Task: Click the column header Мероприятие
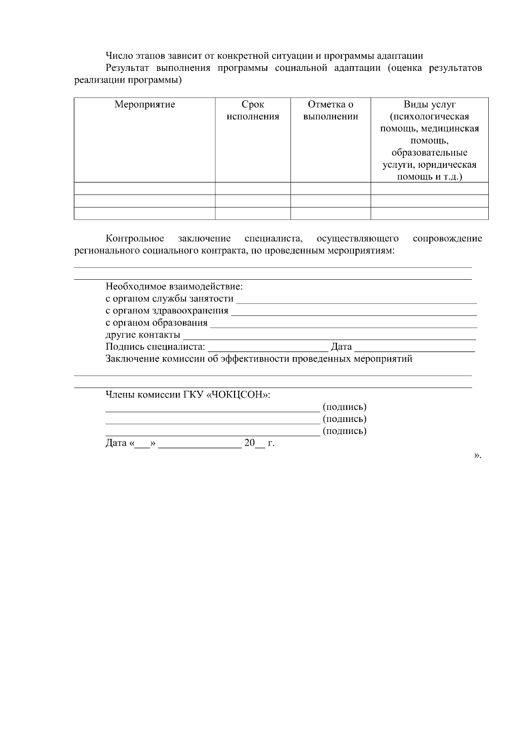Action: (x=144, y=104)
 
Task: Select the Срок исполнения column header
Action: (x=253, y=110)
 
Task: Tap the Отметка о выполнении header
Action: (x=330, y=110)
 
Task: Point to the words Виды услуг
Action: (x=429, y=104)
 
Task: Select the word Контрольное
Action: (x=135, y=239)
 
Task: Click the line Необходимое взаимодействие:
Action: (x=174, y=287)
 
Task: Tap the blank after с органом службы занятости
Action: (x=356, y=299)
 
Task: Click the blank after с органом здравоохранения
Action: (x=353, y=311)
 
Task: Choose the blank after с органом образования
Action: (x=343, y=323)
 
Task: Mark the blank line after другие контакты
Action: (x=330, y=335)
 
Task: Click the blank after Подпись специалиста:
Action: (x=268, y=348)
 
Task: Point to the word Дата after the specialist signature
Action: (x=341, y=347)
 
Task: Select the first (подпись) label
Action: (x=345, y=407)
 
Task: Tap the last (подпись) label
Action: (x=345, y=431)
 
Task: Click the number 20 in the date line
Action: (x=250, y=443)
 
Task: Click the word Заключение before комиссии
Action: (x=132, y=359)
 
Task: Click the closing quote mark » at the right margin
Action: (x=477, y=456)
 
